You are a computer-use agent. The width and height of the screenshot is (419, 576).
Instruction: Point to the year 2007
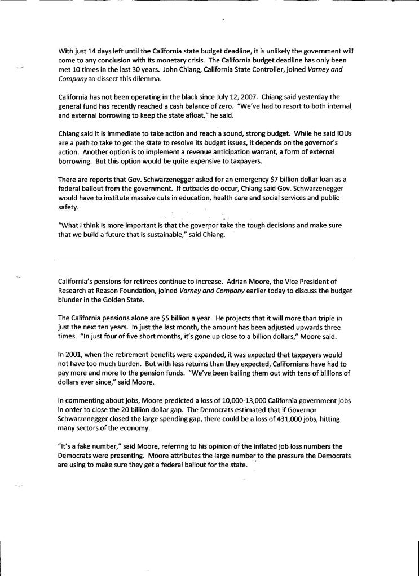(240, 97)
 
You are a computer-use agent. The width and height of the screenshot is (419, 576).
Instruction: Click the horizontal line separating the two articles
(206, 258)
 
